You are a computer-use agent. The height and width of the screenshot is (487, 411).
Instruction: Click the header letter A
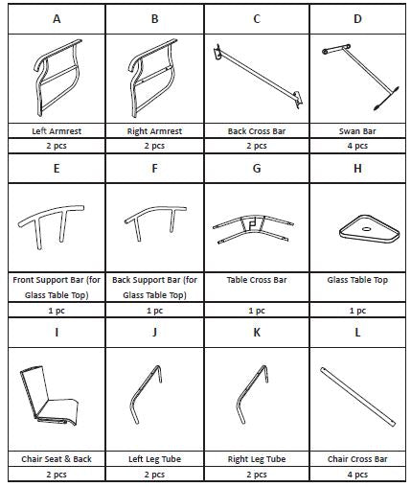click(57, 19)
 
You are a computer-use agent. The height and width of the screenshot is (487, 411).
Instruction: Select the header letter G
click(257, 168)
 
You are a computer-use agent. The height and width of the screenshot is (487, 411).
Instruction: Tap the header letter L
click(357, 333)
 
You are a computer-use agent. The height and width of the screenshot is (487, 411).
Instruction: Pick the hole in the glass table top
click(366, 229)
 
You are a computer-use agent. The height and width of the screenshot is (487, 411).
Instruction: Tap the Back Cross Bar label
click(257, 131)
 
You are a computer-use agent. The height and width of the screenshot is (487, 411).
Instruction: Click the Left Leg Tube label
click(154, 459)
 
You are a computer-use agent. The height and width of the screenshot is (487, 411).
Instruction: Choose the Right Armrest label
click(154, 131)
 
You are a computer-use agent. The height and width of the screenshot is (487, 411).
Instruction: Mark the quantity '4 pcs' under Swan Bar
click(357, 146)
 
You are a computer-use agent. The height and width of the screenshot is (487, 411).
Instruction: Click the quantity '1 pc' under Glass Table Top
click(357, 311)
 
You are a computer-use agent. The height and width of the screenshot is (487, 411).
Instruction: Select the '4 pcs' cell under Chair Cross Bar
click(357, 475)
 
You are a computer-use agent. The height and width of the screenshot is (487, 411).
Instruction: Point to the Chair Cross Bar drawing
click(358, 396)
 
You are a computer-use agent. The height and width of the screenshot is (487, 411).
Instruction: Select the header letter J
click(154, 333)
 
